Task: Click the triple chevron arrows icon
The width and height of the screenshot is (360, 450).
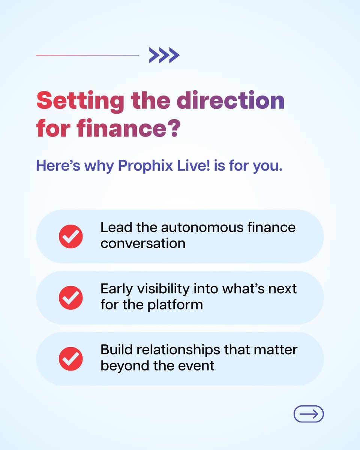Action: pos(164,55)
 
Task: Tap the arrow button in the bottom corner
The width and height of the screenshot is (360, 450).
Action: pos(308,414)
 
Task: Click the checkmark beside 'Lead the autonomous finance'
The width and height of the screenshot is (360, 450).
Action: pos(71,236)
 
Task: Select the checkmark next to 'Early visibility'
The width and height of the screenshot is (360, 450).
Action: pos(71,298)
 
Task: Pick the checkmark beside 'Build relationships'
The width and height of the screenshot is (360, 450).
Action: pos(71,359)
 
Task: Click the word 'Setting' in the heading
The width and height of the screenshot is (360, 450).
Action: pos(80,101)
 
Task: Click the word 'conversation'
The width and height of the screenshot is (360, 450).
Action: pos(143,243)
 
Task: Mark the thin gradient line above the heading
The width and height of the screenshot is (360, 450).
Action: pos(88,55)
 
